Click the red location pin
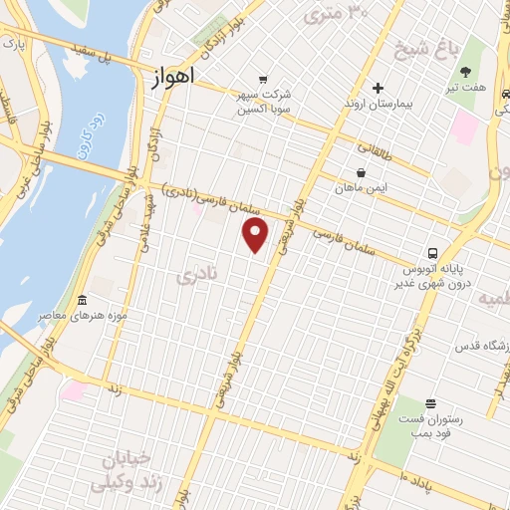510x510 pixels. pyautogui.click(x=256, y=235)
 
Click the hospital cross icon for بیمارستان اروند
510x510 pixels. pyautogui.click(x=378, y=88)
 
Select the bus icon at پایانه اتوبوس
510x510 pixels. pyautogui.click(x=433, y=253)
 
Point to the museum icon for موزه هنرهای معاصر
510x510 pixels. pyautogui.click(x=82, y=301)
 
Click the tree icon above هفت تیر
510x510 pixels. pyautogui.click(x=466, y=71)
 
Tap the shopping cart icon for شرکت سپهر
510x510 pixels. pyautogui.click(x=262, y=80)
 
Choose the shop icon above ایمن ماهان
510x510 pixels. pyautogui.click(x=360, y=171)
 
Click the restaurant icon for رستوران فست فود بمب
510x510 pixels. pyautogui.click(x=429, y=403)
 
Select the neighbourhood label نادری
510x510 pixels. pyautogui.click(x=195, y=277)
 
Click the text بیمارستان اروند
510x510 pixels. pyautogui.click(x=378, y=106)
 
